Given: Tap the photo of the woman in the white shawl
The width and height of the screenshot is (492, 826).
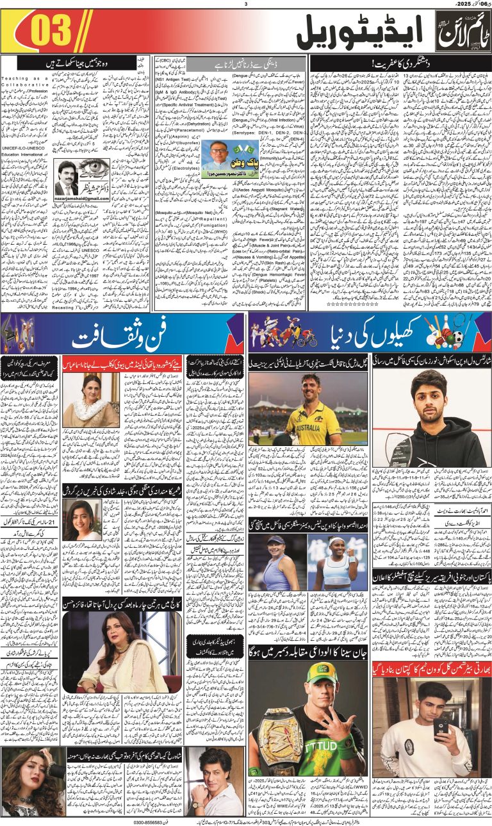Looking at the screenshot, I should tap(101, 399).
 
